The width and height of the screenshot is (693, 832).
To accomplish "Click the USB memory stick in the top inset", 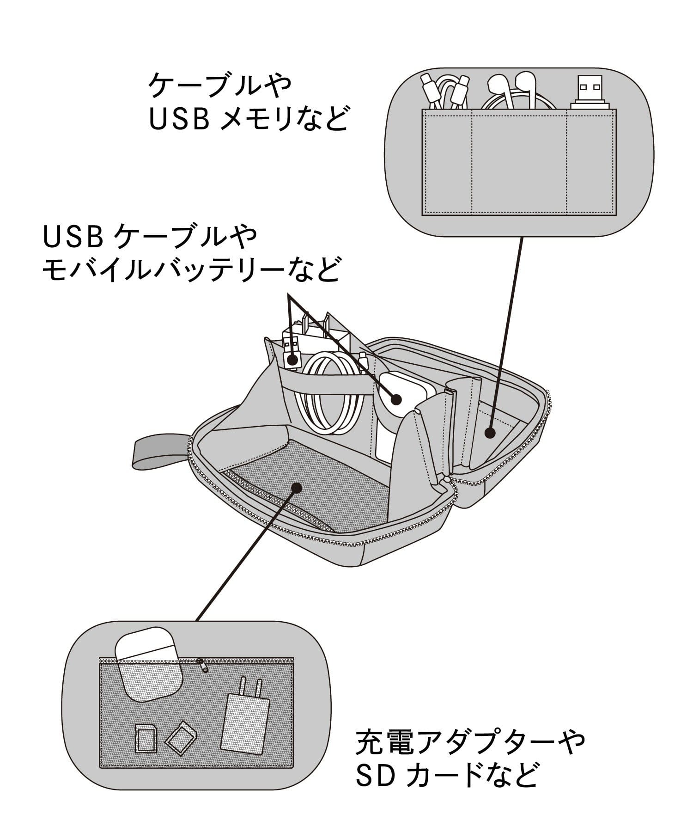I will coord(586,93).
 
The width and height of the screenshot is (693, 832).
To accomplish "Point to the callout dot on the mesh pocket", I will coord(297,488).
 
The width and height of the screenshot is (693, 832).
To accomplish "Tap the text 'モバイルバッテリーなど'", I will coord(191,271).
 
